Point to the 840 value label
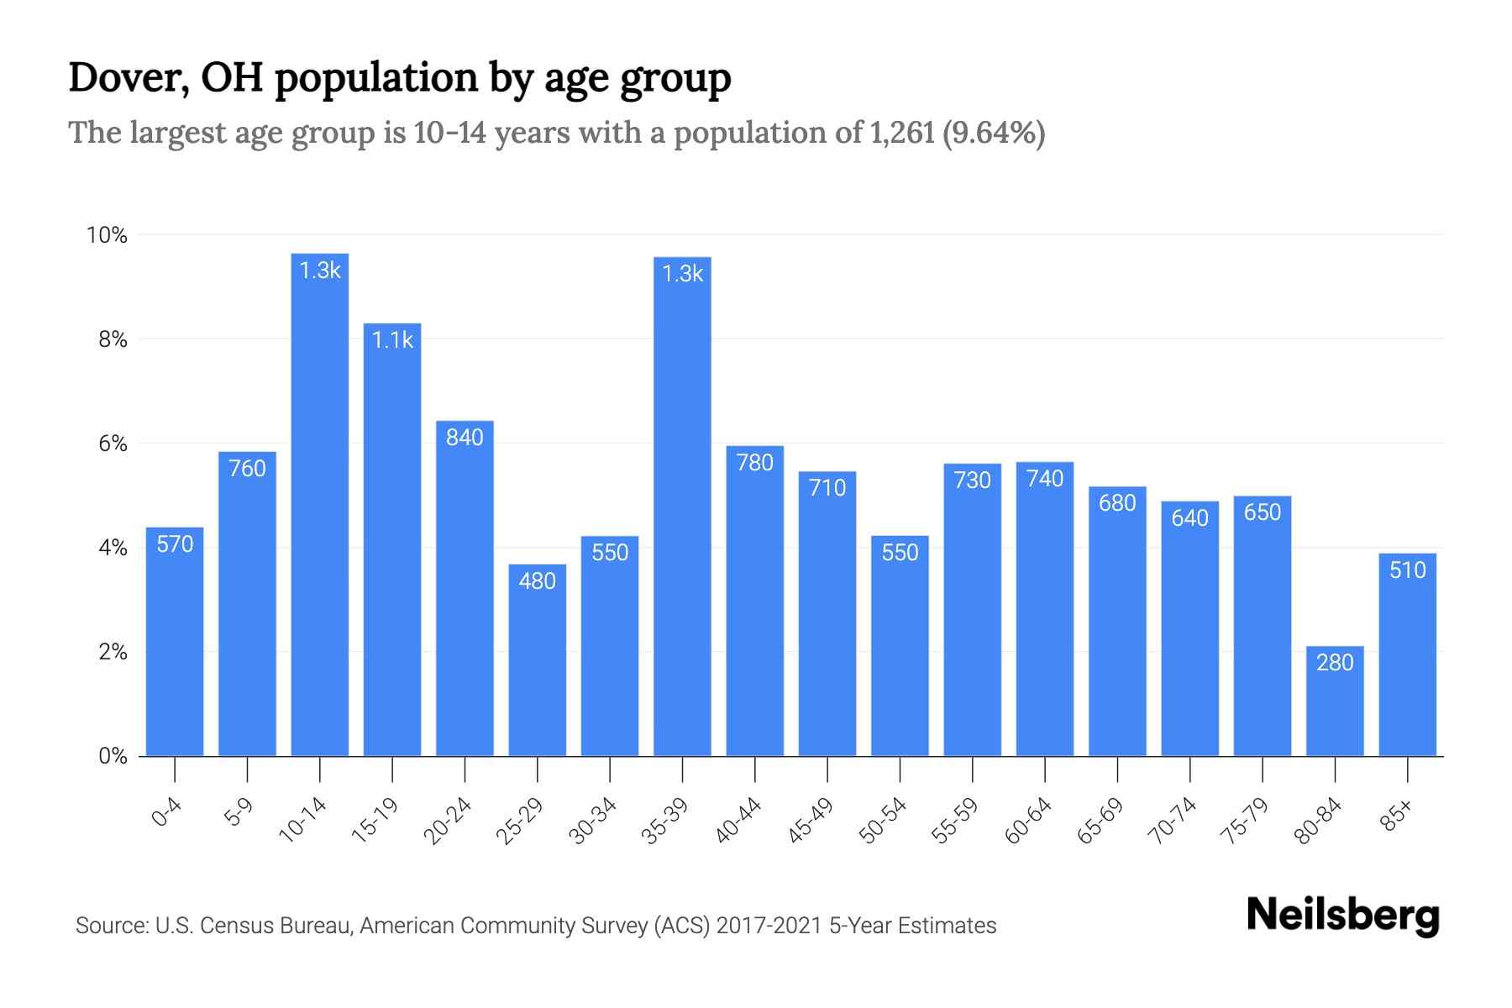pos(465,438)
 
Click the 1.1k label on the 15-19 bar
pos(392,340)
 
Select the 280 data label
pos(1335,663)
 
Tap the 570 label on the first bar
pos(175,544)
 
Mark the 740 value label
pos(1045,479)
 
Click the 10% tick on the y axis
pos(108,235)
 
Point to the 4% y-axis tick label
pos(113,549)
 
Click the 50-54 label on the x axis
pos(883,821)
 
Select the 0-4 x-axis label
pos(167,812)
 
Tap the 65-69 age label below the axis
pos(1100,821)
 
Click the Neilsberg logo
pos(1342,915)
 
